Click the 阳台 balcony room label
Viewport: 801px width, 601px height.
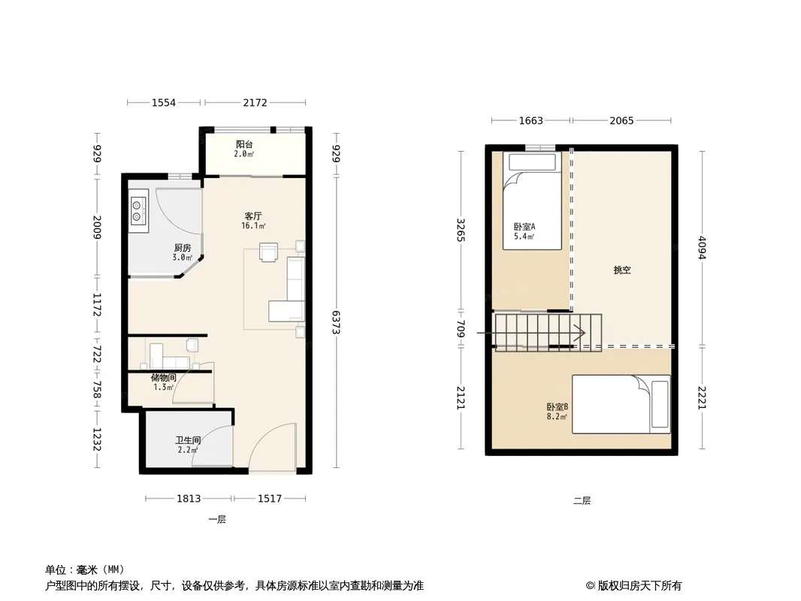coord(244,144)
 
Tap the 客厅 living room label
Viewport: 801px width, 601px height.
coord(253,216)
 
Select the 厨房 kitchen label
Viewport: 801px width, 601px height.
coord(183,248)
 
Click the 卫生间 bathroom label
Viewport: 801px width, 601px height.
coord(188,440)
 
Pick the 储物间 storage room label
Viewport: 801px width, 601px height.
coord(164,378)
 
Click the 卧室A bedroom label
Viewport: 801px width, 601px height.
coord(524,227)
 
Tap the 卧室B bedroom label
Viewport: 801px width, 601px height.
coord(558,407)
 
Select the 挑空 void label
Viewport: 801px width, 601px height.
coord(622,270)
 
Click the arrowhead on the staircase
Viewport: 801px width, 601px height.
coord(582,334)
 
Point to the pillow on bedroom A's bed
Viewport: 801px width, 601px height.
coord(532,162)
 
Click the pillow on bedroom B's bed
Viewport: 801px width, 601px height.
coord(660,404)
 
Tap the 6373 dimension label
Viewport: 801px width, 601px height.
coord(336,322)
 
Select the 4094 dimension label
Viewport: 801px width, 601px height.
coord(703,248)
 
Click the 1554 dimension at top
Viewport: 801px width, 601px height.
coord(164,103)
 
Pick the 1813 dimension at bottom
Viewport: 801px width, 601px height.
coord(189,498)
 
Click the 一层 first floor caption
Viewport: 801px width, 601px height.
coord(217,519)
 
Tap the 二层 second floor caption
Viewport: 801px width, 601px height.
coord(582,501)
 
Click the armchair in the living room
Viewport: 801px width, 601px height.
coord(269,252)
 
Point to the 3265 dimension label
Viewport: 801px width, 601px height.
coord(461,231)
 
